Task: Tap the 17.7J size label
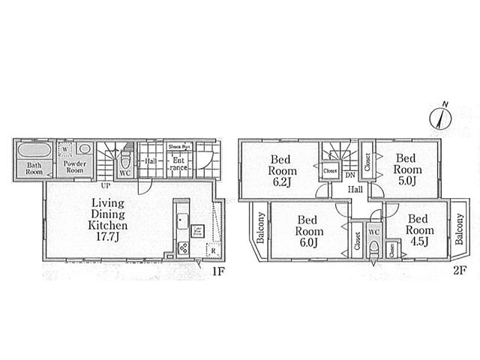109,237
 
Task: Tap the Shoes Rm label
178,148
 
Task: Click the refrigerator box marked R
213,250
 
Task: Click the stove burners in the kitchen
182,249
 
